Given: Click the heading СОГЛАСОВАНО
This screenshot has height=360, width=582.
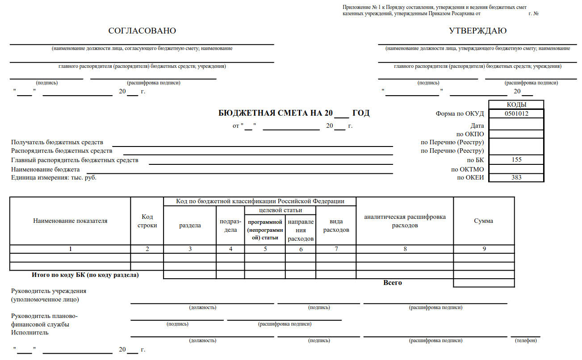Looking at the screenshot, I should pyautogui.click(x=142, y=31).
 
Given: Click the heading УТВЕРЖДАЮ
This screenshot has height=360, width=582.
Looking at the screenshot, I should pyautogui.click(x=477, y=31).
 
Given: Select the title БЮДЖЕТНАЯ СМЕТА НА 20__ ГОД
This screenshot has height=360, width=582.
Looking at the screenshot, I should pyautogui.click(x=294, y=113).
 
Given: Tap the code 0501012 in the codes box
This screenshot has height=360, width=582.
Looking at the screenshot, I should pyautogui.click(x=516, y=113).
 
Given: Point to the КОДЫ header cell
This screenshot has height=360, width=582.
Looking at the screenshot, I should pyautogui.click(x=516, y=105).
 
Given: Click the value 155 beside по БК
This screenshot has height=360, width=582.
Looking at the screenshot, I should pyautogui.click(x=516, y=159).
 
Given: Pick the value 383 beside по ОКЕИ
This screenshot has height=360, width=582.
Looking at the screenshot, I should pyautogui.click(x=516, y=177).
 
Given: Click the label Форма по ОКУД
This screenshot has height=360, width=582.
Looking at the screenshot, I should pyautogui.click(x=460, y=113).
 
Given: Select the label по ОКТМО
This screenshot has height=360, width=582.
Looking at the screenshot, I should pyautogui.click(x=467, y=169).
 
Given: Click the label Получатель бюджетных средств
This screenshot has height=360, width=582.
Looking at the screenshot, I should pyautogui.click(x=57, y=142).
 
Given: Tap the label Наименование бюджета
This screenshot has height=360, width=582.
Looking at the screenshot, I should pyautogui.click(x=46, y=169).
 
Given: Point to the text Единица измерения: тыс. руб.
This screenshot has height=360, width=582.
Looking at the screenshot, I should pyautogui.click(x=54, y=177).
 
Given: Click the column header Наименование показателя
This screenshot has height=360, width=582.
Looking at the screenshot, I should pyautogui.click(x=70, y=221).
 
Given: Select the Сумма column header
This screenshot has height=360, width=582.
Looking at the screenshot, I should pyautogui.click(x=483, y=221).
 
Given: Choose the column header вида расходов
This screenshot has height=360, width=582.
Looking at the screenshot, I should pyautogui.click(x=336, y=226).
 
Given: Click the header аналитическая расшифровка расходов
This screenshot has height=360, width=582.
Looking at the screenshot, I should pyautogui.click(x=405, y=221).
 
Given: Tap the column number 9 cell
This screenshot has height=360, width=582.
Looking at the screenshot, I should pyautogui.click(x=484, y=249).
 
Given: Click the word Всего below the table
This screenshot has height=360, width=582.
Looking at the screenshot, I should pyautogui.click(x=393, y=283).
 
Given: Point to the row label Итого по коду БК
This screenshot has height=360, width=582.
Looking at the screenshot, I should pyautogui.click(x=85, y=275).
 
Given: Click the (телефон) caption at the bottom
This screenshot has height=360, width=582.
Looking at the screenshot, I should pyautogui.click(x=526, y=340).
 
